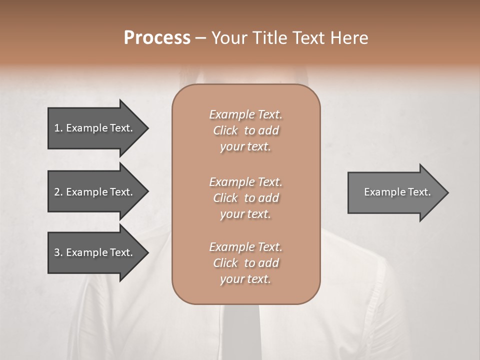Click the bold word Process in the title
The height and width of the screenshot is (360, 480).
pyautogui.click(x=157, y=38)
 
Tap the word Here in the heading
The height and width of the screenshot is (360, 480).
pyautogui.click(x=349, y=38)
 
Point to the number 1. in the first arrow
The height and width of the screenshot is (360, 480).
pyautogui.click(x=58, y=128)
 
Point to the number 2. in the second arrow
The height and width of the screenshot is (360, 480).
pyautogui.click(x=58, y=192)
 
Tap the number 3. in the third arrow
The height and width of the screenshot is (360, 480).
pyautogui.click(x=58, y=252)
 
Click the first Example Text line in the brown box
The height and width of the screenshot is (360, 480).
pyautogui.click(x=245, y=114)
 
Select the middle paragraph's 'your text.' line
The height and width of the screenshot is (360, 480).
pyautogui.click(x=245, y=214)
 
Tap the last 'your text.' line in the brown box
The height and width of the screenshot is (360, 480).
pyautogui.click(x=245, y=279)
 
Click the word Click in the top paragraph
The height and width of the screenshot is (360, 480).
pyautogui.click(x=225, y=130)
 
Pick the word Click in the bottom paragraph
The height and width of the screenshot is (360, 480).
pyautogui.click(x=225, y=263)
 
